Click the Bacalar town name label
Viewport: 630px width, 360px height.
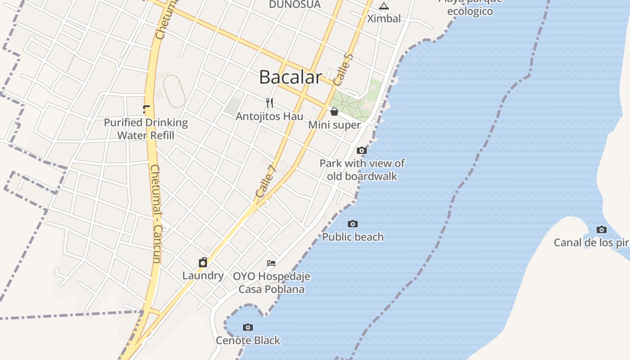tap(291, 77)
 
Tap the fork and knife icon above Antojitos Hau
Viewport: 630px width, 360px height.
tap(270, 103)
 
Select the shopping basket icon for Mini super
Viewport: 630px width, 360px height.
tap(334, 111)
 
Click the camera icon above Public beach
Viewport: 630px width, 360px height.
tap(353, 224)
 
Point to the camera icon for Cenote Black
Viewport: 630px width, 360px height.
tap(247, 327)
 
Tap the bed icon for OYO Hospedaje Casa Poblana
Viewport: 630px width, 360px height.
tap(271, 263)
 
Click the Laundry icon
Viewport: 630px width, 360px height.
tap(203, 262)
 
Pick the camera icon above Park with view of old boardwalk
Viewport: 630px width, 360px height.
tap(362, 150)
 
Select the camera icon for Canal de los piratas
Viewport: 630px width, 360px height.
tap(601, 230)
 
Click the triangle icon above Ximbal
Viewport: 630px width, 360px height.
tap(383, 6)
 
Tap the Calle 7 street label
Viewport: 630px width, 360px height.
tap(265, 181)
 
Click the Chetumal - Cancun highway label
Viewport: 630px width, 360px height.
tap(156, 214)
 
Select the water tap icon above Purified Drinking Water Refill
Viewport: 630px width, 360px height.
tap(146, 109)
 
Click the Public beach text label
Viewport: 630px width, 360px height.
tap(353, 237)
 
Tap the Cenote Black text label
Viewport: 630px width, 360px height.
tap(248, 340)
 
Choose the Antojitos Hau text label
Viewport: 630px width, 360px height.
tap(270, 116)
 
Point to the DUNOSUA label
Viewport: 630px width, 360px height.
tap(295, 4)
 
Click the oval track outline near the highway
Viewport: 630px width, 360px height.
tap(174, 91)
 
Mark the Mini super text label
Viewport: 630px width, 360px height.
tap(334, 125)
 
